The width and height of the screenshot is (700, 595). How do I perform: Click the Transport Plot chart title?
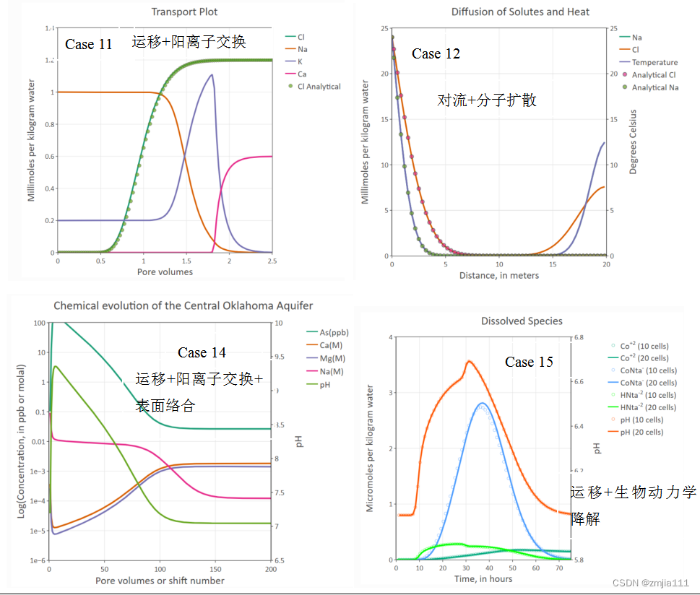[184, 12]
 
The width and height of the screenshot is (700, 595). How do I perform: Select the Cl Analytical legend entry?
[319, 86]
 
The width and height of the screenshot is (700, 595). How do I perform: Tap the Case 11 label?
[89, 44]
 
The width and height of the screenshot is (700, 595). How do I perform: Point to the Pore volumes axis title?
[165, 272]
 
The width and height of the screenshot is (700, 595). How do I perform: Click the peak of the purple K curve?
[211, 75]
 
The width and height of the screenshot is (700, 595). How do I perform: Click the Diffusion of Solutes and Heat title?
[520, 12]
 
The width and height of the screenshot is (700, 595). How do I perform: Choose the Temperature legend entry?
[654, 62]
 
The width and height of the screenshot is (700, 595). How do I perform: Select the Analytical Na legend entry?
[654, 87]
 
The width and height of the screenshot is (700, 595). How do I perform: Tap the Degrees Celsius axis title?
[633, 142]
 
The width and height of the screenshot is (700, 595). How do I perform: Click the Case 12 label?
[436, 53]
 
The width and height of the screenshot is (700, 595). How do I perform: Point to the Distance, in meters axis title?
[498, 275]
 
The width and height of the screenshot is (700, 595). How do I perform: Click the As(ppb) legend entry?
[323, 332]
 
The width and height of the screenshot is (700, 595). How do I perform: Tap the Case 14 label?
[202, 352]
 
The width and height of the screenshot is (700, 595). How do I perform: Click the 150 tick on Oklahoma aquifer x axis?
[215, 568]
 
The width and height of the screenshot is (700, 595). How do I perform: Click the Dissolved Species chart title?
[522, 321]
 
